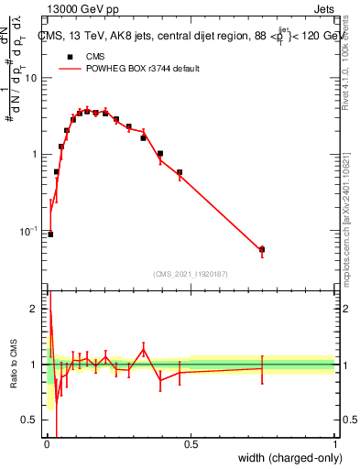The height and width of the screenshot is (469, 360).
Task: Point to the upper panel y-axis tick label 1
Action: point(35,154)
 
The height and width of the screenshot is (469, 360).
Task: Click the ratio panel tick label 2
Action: point(34,310)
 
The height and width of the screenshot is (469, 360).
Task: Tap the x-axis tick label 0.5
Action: point(191,446)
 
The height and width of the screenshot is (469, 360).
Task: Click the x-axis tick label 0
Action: point(47,446)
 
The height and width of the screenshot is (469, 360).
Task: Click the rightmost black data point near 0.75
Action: point(262,249)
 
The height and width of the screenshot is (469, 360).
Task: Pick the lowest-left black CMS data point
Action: point(50,234)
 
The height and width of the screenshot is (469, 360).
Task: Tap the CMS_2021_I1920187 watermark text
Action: point(190,273)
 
